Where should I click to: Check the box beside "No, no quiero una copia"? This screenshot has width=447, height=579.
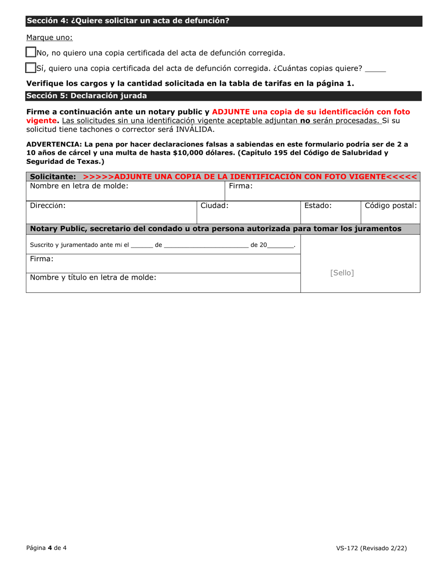pos(31,53)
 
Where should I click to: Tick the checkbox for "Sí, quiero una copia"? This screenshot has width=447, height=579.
pos(31,68)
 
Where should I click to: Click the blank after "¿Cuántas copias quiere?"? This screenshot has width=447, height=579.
pos(375,69)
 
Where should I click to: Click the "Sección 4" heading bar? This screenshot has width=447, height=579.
pos(223,21)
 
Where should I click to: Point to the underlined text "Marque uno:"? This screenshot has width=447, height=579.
pos(49,37)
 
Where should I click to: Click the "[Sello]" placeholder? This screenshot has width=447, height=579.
pos(342,273)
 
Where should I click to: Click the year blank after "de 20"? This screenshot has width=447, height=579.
pos(280,245)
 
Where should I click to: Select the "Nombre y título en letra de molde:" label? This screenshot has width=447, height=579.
pos(93,277)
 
